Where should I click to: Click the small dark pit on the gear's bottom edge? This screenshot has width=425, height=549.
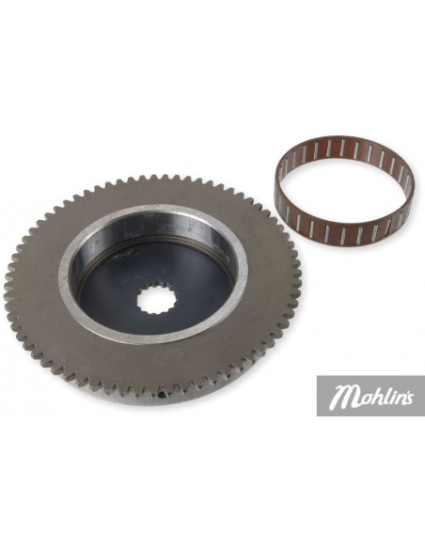click(162, 395)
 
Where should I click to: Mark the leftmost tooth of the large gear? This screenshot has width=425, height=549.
click(7, 281)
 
